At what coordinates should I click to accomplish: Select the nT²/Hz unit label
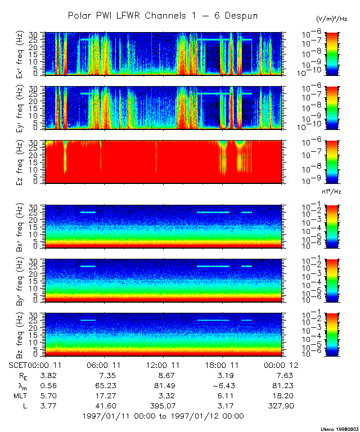pyautogui.click(x=332, y=192)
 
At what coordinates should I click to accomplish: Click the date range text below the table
pyautogui.click(x=163, y=416)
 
